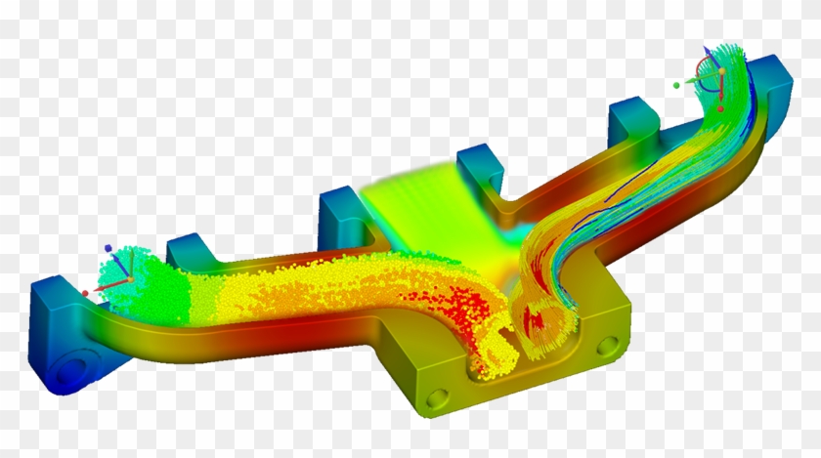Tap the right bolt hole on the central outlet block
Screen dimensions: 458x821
click(608, 347)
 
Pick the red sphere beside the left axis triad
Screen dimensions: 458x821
click(85, 293)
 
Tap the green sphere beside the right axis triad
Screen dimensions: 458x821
click(676, 85)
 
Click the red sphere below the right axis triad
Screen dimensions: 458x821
click(720, 108)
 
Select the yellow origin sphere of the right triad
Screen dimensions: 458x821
click(721, 71)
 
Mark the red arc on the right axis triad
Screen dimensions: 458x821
click(698, 68)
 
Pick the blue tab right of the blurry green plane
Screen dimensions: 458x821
click(480, 171)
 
